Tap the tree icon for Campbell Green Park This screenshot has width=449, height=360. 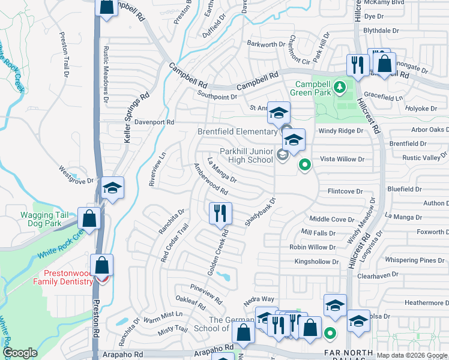click(x=339, y=88)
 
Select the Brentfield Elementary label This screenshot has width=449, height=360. click(x=237, y=131)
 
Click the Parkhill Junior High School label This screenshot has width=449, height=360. click(x=237, y=155)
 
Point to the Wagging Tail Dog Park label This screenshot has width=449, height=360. click(x=41, y=219)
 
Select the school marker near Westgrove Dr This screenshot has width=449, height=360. click(x=112, y=188)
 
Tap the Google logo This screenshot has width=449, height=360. click(x=20, y=353)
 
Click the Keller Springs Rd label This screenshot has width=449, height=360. click(x=136, y=117)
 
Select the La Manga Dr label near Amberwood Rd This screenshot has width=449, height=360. click(x=221, y=170)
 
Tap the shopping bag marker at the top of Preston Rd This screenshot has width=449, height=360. click(x=106, y=8)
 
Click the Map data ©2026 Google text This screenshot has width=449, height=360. click(x=412, y=355)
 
